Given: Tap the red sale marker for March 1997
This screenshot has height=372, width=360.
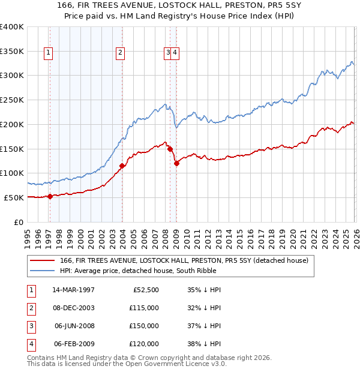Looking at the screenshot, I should pyautogui.click(x=50, y=196).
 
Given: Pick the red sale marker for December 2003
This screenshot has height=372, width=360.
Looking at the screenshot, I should pyautogui.click(x=122, y=166).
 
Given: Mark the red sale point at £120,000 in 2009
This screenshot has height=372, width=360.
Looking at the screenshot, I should pyautogui.click(x=176, y=163).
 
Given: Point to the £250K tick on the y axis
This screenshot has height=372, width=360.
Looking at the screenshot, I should pyautogui.click(x=12, y=100).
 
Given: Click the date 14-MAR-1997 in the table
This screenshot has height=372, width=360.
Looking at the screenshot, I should pyautogui.click(x=73, y=290).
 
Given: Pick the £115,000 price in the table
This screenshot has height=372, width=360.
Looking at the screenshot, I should pyautogui.click(x=144, y=308).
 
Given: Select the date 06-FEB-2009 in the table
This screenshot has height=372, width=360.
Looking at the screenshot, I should pyautogui.click(x=74, y=344).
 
